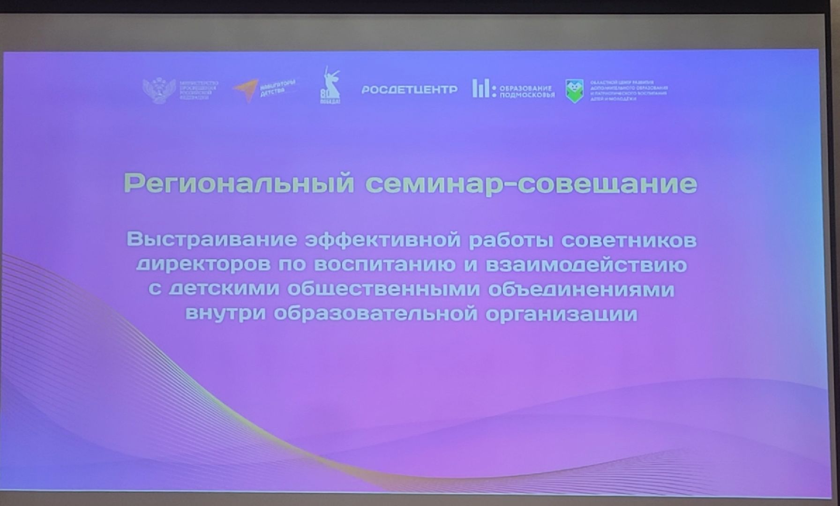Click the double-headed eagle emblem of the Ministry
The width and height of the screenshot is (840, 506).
pos(159,90)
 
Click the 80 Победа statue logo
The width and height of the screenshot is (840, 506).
pos(330,85)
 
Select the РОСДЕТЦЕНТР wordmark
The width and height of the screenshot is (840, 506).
pos(409,89)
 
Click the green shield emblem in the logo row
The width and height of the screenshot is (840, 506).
pos(574,90)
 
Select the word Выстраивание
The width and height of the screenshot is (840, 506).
pos(212,239)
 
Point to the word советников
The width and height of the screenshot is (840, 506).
pos(629,240)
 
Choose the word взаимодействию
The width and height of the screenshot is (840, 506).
pos(586,265)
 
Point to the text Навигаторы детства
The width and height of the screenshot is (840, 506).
pos(277,87)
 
